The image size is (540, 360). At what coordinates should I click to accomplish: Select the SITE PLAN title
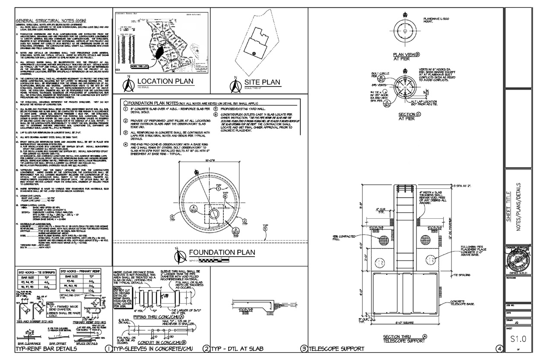(x=263, y=82)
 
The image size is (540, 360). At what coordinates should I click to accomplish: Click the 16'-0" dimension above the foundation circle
(x=210, y=159)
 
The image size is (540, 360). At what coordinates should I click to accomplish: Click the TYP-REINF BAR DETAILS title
(x=46, y=348)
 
